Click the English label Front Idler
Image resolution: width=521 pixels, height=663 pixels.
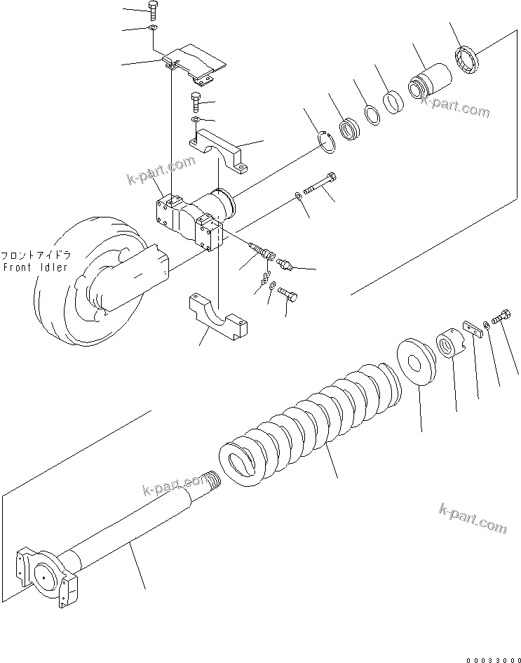coord(35,267)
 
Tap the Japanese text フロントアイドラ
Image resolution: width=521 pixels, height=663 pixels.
coord(35,255)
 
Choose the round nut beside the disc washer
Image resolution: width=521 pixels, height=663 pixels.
coord(448,344)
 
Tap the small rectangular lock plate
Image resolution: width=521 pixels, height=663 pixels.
coord(471,328)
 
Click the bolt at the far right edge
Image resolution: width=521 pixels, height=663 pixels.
coord(502,317)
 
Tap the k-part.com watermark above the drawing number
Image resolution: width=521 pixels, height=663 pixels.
coord(471,518)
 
